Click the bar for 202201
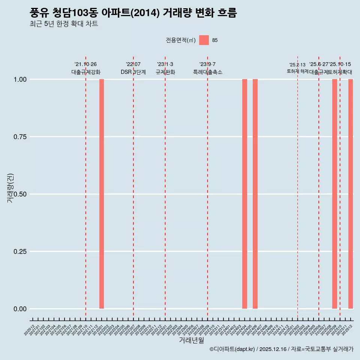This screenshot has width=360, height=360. tap(102, 194)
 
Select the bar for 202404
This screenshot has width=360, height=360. tap(244, 194)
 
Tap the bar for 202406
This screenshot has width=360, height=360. tap(255, 194)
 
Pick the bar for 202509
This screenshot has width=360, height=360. tap(334, 194)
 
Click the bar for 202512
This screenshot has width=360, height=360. tap(351, 194)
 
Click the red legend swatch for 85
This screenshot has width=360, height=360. tap(204, 40)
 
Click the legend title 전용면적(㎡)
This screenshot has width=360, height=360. tap(181, 40)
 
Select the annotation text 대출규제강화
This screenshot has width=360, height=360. tap(86, 72)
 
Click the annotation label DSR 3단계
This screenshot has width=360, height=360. tap(133, 72)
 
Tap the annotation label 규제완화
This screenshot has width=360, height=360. tap(165, 72)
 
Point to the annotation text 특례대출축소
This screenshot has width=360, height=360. tap(208, 72)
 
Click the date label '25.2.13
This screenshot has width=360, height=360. tap(297, 65)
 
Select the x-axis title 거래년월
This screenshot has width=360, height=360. tap(191, 340)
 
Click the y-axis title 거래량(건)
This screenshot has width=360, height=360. tap(10, 188)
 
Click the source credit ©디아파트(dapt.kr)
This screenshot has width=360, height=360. tap(232, 349)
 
